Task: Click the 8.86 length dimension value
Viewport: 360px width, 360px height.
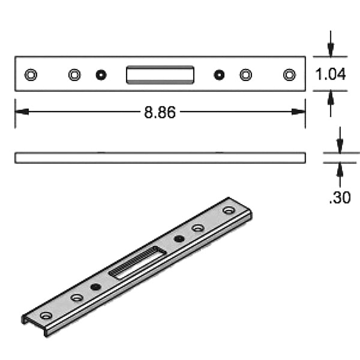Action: point(160,112)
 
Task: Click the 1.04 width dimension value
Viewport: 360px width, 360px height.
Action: point(331,74)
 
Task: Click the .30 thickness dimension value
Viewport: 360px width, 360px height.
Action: point(340,197)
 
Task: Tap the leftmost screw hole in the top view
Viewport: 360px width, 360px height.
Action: point(31,74)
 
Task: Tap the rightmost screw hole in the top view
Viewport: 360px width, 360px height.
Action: point(290,74)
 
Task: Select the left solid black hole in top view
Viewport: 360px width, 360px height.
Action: point(101,74)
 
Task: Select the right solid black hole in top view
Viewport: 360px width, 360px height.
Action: point(220,74)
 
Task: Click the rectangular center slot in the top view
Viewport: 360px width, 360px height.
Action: point(160,74)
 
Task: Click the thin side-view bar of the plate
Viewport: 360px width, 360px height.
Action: point(160,157)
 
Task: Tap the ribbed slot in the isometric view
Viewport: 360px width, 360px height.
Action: point(137,263)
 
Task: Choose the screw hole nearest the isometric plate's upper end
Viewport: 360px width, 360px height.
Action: point(228,211)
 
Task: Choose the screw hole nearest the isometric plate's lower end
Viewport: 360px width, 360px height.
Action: point(46,315)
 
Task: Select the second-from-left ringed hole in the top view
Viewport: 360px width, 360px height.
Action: point(74,74)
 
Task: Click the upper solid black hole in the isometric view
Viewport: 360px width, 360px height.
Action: point(179,239)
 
